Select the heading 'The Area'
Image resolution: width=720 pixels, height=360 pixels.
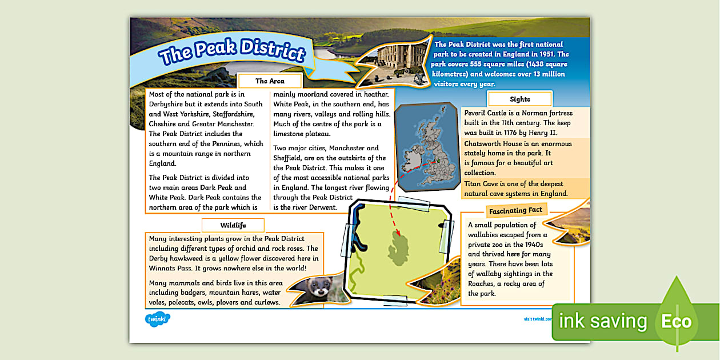[270, 81]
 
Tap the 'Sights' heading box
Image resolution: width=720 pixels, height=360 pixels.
[519, 99]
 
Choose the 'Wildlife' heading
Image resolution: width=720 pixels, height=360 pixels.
[233, 225]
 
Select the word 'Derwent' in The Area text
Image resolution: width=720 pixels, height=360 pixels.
[322, 207]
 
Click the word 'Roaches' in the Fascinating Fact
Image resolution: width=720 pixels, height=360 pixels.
[485, 283]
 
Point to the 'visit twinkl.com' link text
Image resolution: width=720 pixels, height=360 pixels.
[537, 319]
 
